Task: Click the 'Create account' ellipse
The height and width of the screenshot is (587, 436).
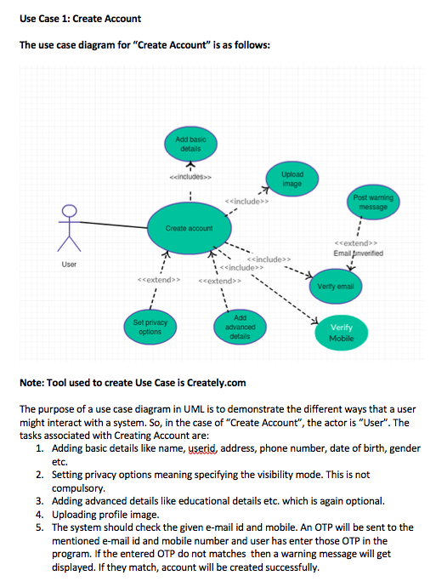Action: click(189, 228)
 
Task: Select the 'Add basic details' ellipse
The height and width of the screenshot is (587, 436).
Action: click(190, 144)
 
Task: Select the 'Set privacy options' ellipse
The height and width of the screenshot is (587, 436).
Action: click(150, 327)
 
